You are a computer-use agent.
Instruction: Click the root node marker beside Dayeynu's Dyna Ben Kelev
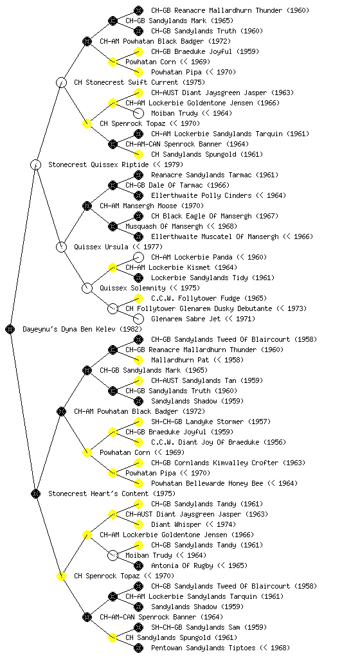[x=10, y=329]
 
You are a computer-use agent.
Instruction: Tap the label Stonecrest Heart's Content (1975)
[x=112, y=493]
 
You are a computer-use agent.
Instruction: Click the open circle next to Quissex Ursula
[x=61, y=247]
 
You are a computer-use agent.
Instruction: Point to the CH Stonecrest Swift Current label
[x=126, y=82]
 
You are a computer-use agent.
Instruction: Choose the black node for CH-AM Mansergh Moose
[x=87, y=206]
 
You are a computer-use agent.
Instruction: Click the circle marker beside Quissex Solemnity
[x=87, y=288]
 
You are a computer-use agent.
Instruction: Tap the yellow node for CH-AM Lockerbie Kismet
[x=113, y=267]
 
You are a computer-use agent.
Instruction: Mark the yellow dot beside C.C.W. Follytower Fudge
[x=138, y=298]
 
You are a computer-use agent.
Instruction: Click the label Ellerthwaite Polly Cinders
[x=201, y=195]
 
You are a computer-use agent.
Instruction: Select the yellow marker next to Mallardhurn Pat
[x=138, y=360]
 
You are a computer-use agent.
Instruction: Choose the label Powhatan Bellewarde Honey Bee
[x=207, y=483]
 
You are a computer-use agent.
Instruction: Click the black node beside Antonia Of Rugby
[x=138, y=565]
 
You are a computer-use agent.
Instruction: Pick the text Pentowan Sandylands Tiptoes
[x=203, y=648]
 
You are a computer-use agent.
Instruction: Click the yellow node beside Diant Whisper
[x=138, y=524]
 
